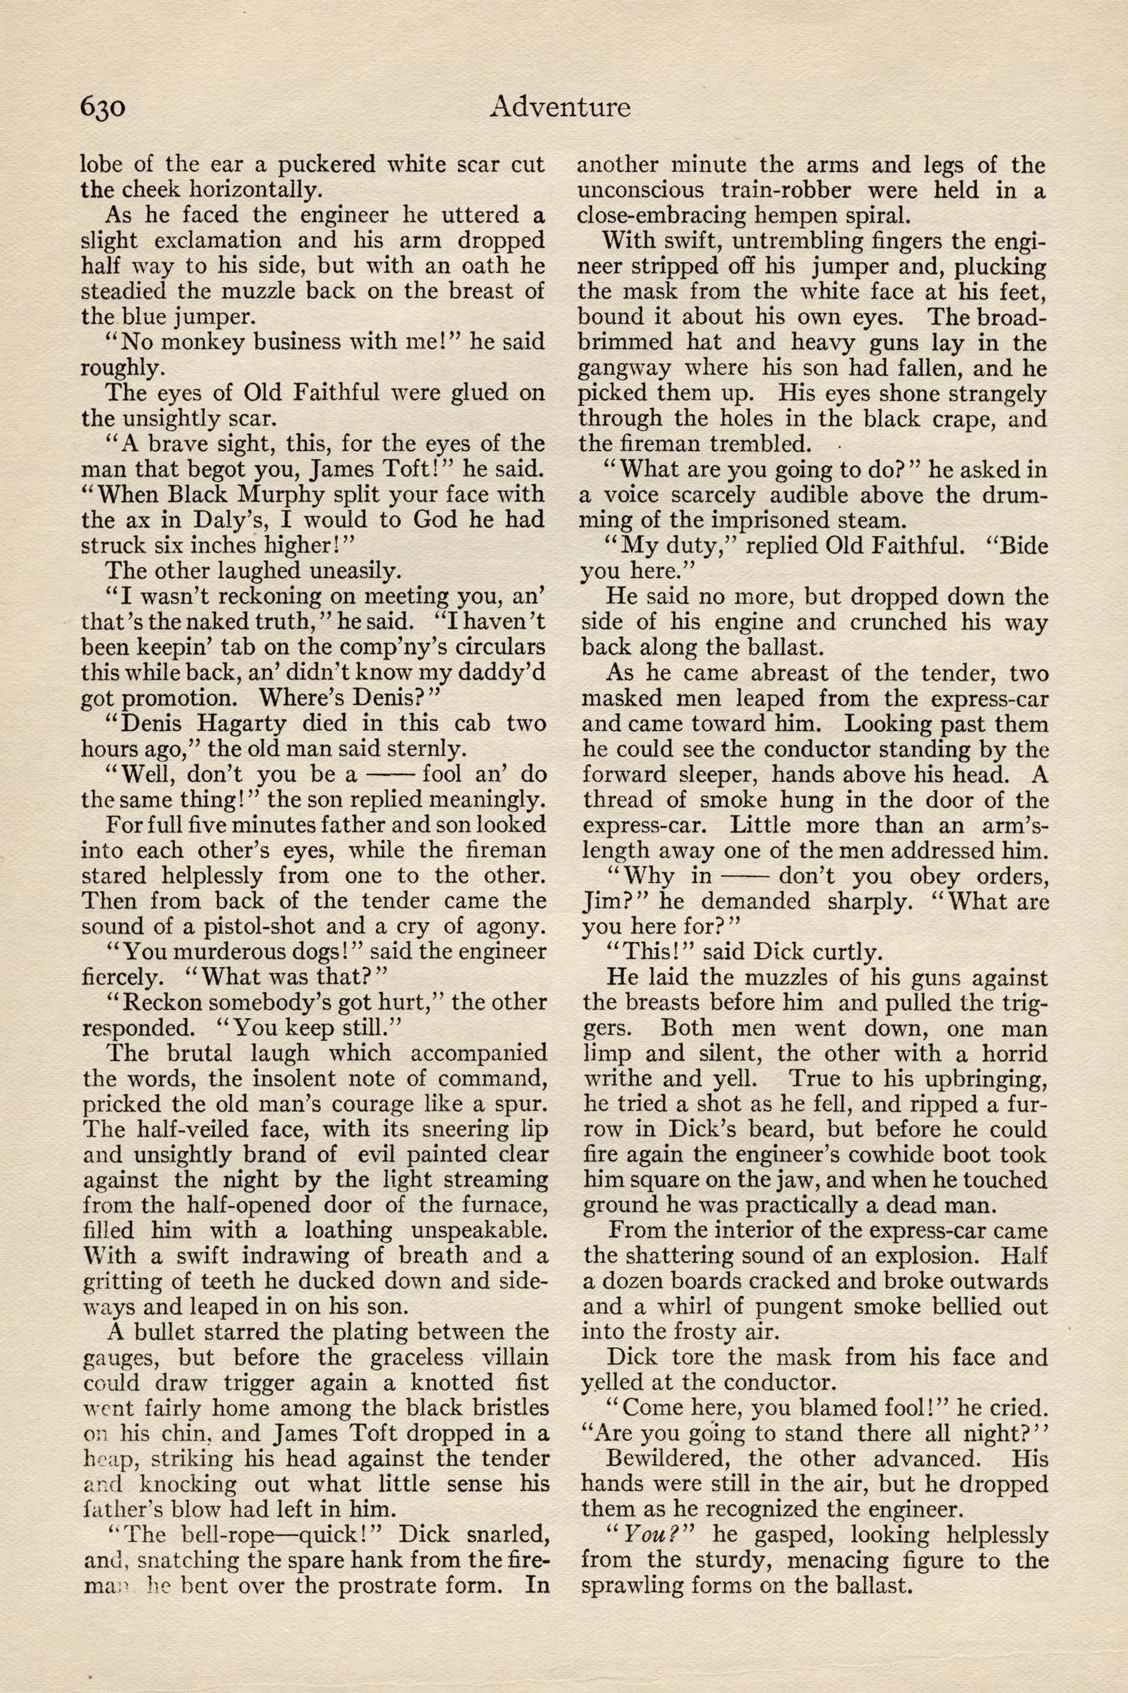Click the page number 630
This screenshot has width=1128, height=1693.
point(103,107)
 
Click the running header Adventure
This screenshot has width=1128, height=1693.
point(559,107)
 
